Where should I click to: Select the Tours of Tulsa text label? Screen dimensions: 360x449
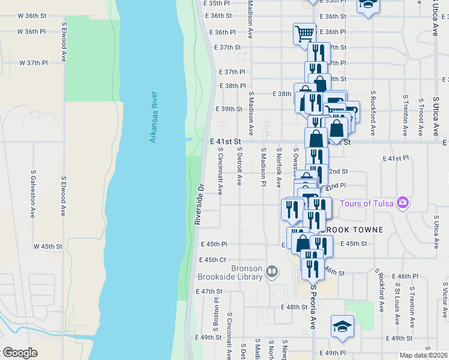point(367,203)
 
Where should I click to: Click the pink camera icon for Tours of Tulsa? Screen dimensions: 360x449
point(402,203)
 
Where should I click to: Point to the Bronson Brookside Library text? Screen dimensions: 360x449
point(231,272)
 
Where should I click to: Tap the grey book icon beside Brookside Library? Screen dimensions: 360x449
point(272,272)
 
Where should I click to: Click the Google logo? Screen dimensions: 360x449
point(19,353)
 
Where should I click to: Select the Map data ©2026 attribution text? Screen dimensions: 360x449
point(424,355)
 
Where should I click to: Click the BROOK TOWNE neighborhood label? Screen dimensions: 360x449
point(352,230)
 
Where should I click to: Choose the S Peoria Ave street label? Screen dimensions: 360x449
point(313,306)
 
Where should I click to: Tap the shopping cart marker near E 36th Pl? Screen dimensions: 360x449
point(304,33)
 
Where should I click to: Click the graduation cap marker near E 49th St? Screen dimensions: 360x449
point(342,326)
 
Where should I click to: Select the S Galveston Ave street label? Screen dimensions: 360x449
point(33,193)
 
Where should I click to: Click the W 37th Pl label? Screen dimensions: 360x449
point(33,62)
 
